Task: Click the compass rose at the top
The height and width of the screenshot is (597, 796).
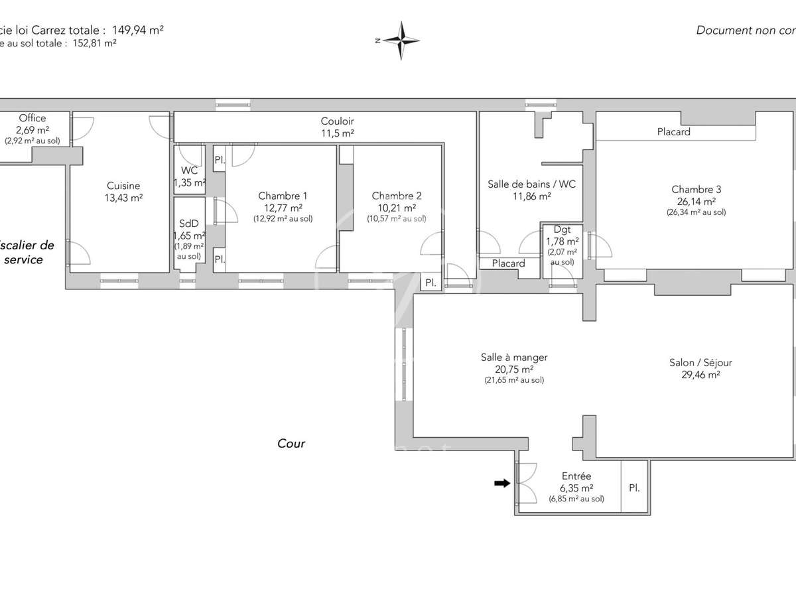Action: [x=401, y=40]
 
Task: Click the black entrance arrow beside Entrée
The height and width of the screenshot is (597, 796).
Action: [x=503, y=484]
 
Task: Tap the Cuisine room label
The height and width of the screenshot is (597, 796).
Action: [x=123, y=186]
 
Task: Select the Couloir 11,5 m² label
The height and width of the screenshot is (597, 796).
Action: [x=337, y=127]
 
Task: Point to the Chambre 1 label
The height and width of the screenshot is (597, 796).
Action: [x=283, y=196]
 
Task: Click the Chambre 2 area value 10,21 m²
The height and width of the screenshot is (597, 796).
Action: [x=396, y=207]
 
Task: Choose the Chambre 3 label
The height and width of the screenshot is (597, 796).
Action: [x=696, y=189]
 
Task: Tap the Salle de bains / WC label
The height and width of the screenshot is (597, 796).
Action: [x=531, y=184]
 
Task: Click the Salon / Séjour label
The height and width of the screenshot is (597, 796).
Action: [x=700, y=362]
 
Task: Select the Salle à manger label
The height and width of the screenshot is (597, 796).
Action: [x=514, y=357]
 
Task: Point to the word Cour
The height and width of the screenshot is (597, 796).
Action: [x=291, y=443]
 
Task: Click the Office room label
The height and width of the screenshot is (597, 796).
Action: [x=33, y=118]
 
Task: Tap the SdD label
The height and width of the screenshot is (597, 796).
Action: [x=189, y=224]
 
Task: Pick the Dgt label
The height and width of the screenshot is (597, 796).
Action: [x=562, y=230]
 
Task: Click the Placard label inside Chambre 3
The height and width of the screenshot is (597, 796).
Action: [x=673, y=132]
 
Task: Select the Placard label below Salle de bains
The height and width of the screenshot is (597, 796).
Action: [x=508, y=263]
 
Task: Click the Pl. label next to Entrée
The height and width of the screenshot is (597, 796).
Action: [x=634, y=488]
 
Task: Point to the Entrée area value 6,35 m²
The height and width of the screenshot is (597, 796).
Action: [x=576, y=488]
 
